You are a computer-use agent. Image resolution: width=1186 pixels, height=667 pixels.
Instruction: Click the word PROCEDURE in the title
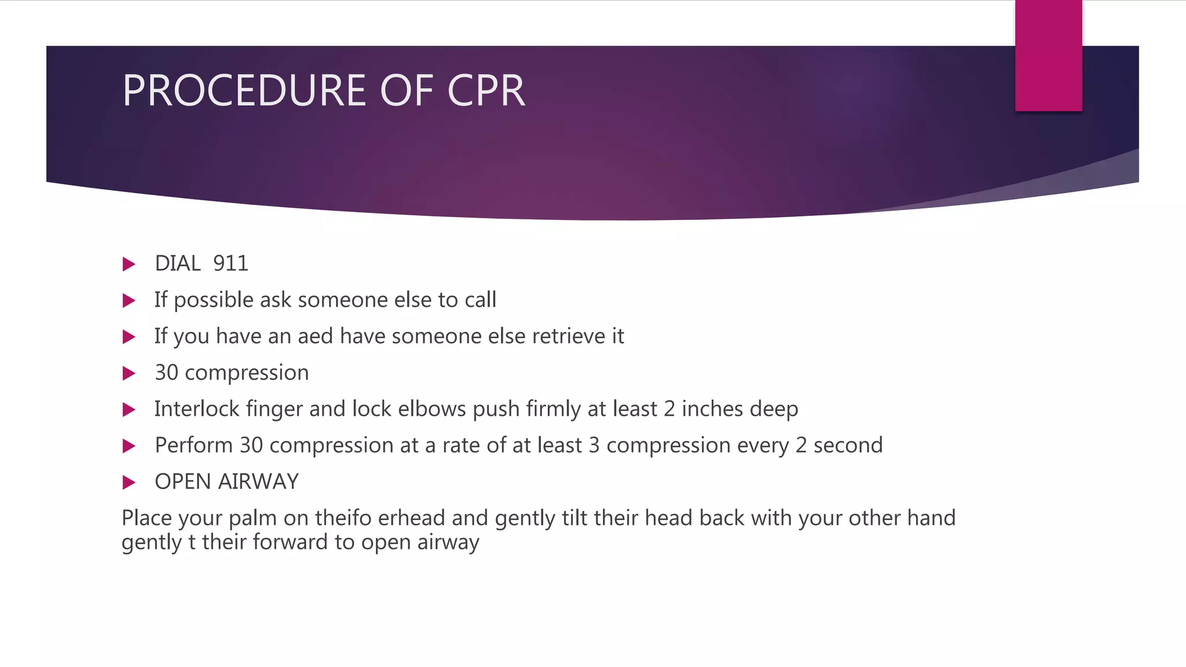coord(244,91)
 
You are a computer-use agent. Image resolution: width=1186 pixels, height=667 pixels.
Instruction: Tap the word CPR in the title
coord(486,91)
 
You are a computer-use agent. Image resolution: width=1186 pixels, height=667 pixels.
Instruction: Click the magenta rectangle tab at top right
coord(1048,56)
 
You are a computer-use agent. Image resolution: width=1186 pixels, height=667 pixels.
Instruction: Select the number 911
coord(230,264)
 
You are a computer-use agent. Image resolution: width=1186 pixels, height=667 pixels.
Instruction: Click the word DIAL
coord(178,264)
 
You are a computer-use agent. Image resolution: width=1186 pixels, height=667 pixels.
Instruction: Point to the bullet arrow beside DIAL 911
coord(129,265)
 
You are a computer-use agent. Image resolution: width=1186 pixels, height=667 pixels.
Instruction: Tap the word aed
coord(315,336)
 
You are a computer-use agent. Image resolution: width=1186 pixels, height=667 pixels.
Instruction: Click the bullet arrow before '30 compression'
coord(129,373)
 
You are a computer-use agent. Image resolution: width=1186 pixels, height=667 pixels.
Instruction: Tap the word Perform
coord(193,446)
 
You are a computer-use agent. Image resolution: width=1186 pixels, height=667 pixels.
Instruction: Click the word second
coord(848,446)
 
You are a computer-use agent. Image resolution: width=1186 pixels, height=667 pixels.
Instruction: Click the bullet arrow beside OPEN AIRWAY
coord(129,482)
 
